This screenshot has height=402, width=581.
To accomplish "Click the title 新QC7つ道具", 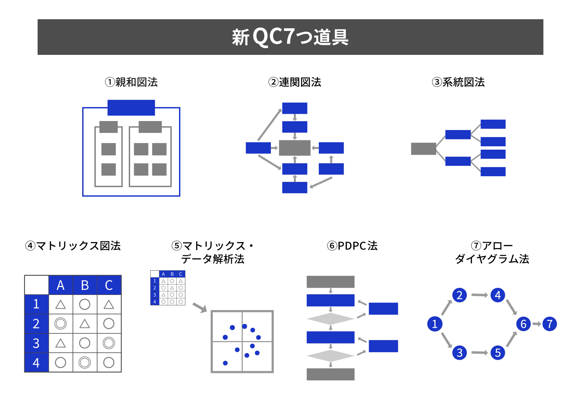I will (290, 37).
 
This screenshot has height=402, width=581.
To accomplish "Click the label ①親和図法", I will (131, 82).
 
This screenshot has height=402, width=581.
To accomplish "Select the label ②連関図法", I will (294, 82).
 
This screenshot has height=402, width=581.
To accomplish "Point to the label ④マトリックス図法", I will (73, 246).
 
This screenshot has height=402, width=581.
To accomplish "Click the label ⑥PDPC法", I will (352, 246).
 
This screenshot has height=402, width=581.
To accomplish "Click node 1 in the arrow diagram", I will (435, 324).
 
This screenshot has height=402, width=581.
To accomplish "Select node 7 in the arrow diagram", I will (549, 324).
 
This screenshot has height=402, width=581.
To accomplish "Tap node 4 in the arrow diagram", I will (497, 295).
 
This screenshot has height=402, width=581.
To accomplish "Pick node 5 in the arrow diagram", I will (497, 352).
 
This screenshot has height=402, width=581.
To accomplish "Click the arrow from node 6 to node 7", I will (536, 324).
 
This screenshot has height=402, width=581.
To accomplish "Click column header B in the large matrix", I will (85, 285).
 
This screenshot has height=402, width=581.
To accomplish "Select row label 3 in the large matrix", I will (36, 343).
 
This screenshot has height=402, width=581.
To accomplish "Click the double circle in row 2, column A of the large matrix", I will (61, 324).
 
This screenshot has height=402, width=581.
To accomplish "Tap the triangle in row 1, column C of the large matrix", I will (109, 305).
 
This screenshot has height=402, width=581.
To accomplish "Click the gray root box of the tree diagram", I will (423, 149).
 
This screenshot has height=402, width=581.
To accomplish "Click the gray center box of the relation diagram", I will (294, 148).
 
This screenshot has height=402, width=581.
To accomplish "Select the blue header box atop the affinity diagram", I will (131, 108).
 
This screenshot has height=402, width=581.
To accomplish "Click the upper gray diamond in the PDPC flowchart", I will (330, 319).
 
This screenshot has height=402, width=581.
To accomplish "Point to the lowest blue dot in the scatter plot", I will (225, 363).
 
